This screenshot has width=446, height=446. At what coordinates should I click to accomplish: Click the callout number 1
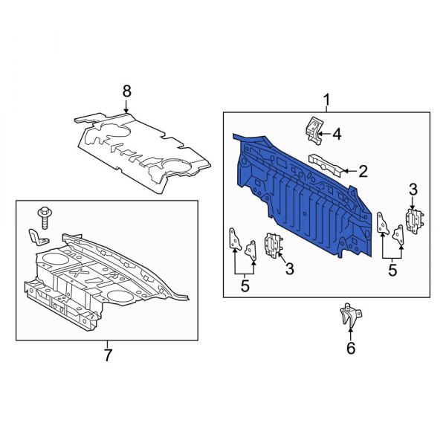325,99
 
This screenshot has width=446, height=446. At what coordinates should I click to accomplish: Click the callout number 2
363,172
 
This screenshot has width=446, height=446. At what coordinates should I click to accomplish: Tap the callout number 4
336,135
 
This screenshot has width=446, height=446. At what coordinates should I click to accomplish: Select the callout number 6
351,347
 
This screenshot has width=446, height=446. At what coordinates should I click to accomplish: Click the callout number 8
126,91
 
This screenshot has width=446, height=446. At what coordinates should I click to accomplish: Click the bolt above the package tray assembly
44,216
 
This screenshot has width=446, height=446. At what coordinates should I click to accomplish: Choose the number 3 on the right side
413,191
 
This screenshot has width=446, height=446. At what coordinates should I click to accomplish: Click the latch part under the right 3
413,221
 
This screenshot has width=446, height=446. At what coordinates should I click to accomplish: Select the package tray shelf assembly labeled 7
104,279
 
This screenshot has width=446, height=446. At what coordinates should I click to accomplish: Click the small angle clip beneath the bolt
36,237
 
